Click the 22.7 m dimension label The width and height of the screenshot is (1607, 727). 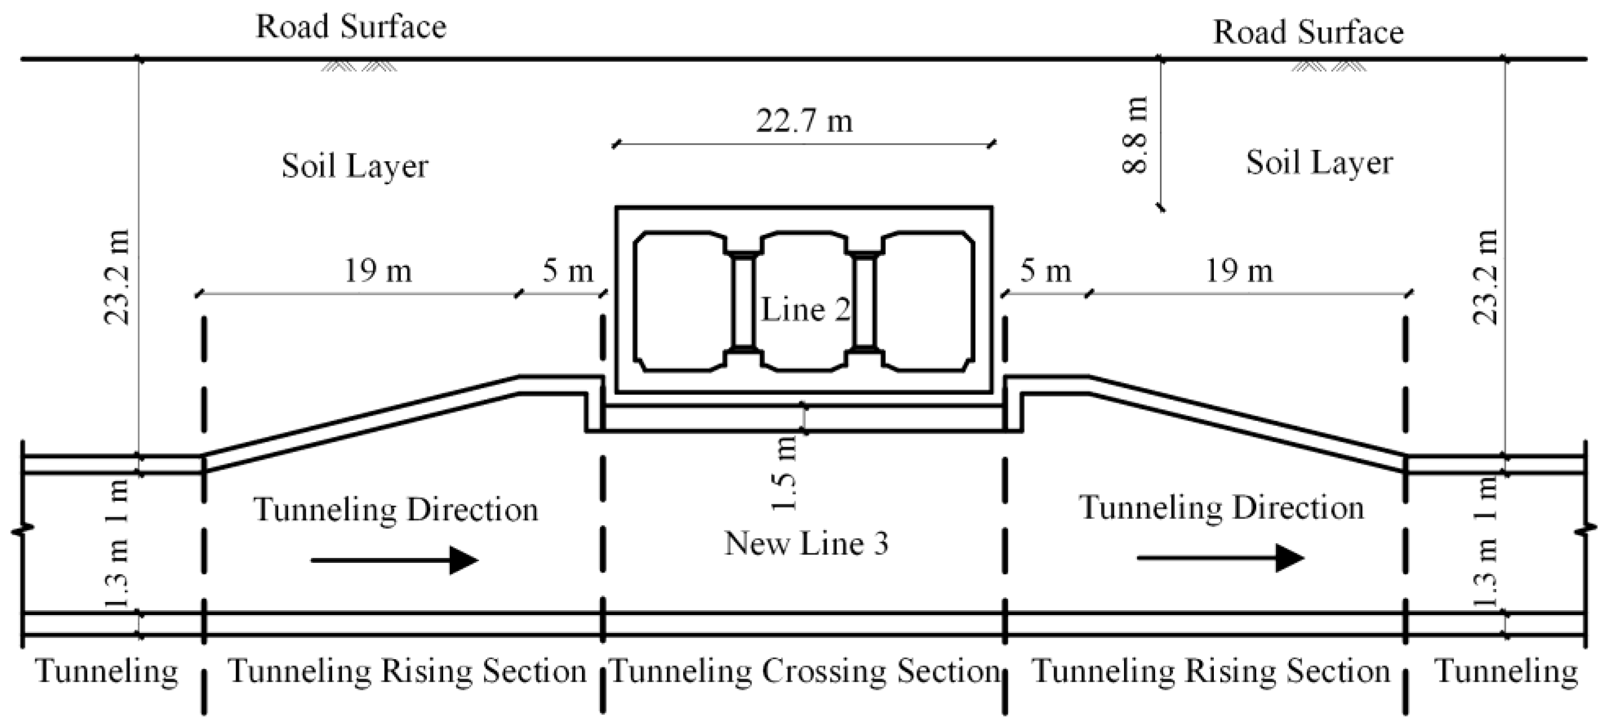pyautogui.click(x=804, y=121)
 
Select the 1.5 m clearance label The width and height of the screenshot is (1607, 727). pyautogui.click(x=785, y=473)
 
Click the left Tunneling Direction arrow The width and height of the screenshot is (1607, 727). pyautogui.click(x=394, y=560)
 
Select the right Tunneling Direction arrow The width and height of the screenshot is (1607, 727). pyautogui.click(x=1220, y=558)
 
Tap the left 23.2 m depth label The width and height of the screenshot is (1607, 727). pyautogui.click(x=117, y=278)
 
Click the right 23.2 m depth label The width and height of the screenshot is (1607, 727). pyautogui.click(x=1486, y=278)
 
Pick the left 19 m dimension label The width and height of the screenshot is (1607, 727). pyautogui.click(x=378, y=272)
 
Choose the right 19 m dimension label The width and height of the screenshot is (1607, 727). pyautogui.click(x=1239, y=272)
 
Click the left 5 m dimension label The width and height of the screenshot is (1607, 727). pyautogui.click(x=567, y=272)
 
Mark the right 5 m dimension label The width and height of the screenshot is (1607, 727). pyautogui.click(x=1046, y=272)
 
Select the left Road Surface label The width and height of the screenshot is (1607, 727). pyautogui.click(x=351, y=27)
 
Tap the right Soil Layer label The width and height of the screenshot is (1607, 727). pyautogui.click(x=1319, y=164)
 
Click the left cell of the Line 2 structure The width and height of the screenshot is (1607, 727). pyautogui.click(x=680, y=302)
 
